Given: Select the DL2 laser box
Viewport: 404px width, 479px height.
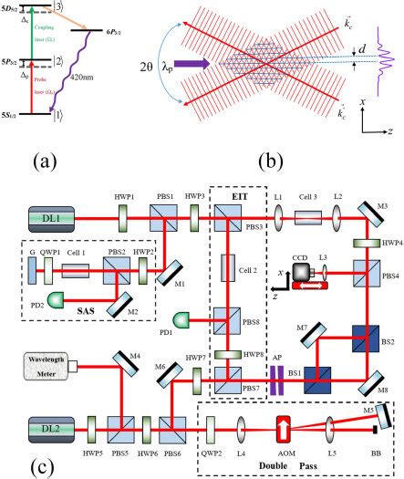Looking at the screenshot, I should (x=45, y=426).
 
